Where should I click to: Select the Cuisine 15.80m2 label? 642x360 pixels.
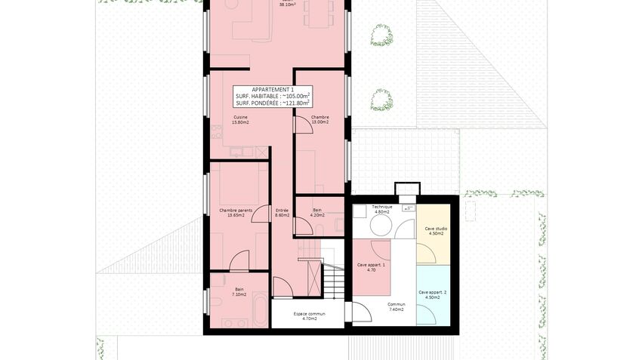241,119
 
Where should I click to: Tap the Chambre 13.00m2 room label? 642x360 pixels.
319,119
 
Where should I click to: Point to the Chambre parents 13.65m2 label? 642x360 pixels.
236,212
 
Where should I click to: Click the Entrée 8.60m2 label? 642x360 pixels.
282,212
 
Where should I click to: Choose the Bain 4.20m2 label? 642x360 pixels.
317,212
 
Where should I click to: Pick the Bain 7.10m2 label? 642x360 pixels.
239,291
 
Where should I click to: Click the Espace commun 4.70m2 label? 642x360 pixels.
298,315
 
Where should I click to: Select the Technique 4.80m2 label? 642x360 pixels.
382,209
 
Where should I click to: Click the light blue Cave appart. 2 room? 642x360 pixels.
436,298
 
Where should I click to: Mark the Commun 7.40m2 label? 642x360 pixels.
397,306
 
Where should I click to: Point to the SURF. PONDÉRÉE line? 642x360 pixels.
272,103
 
